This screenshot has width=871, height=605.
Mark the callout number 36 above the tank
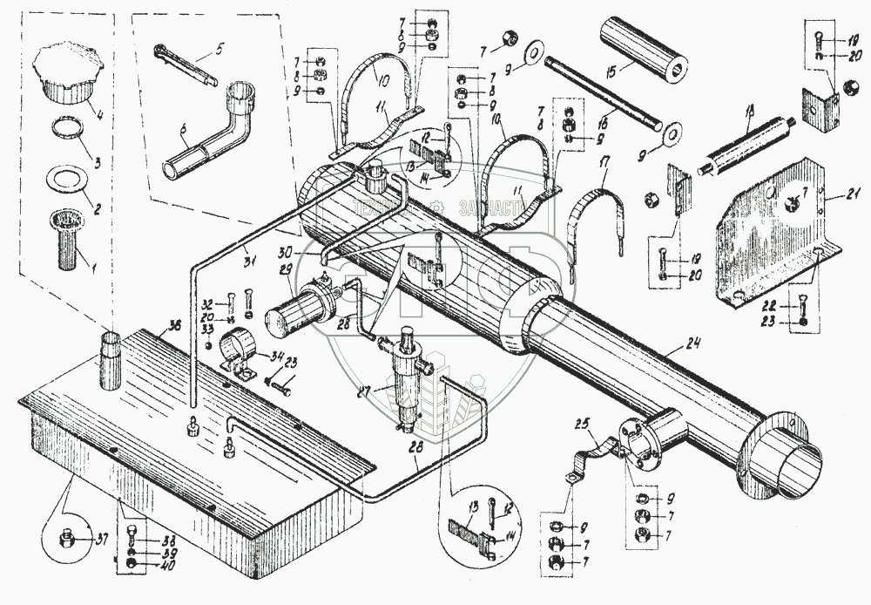pyautogui.click(x=174, y=325)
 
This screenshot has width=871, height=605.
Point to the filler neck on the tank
pyautogui.click(x=111, y=360)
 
